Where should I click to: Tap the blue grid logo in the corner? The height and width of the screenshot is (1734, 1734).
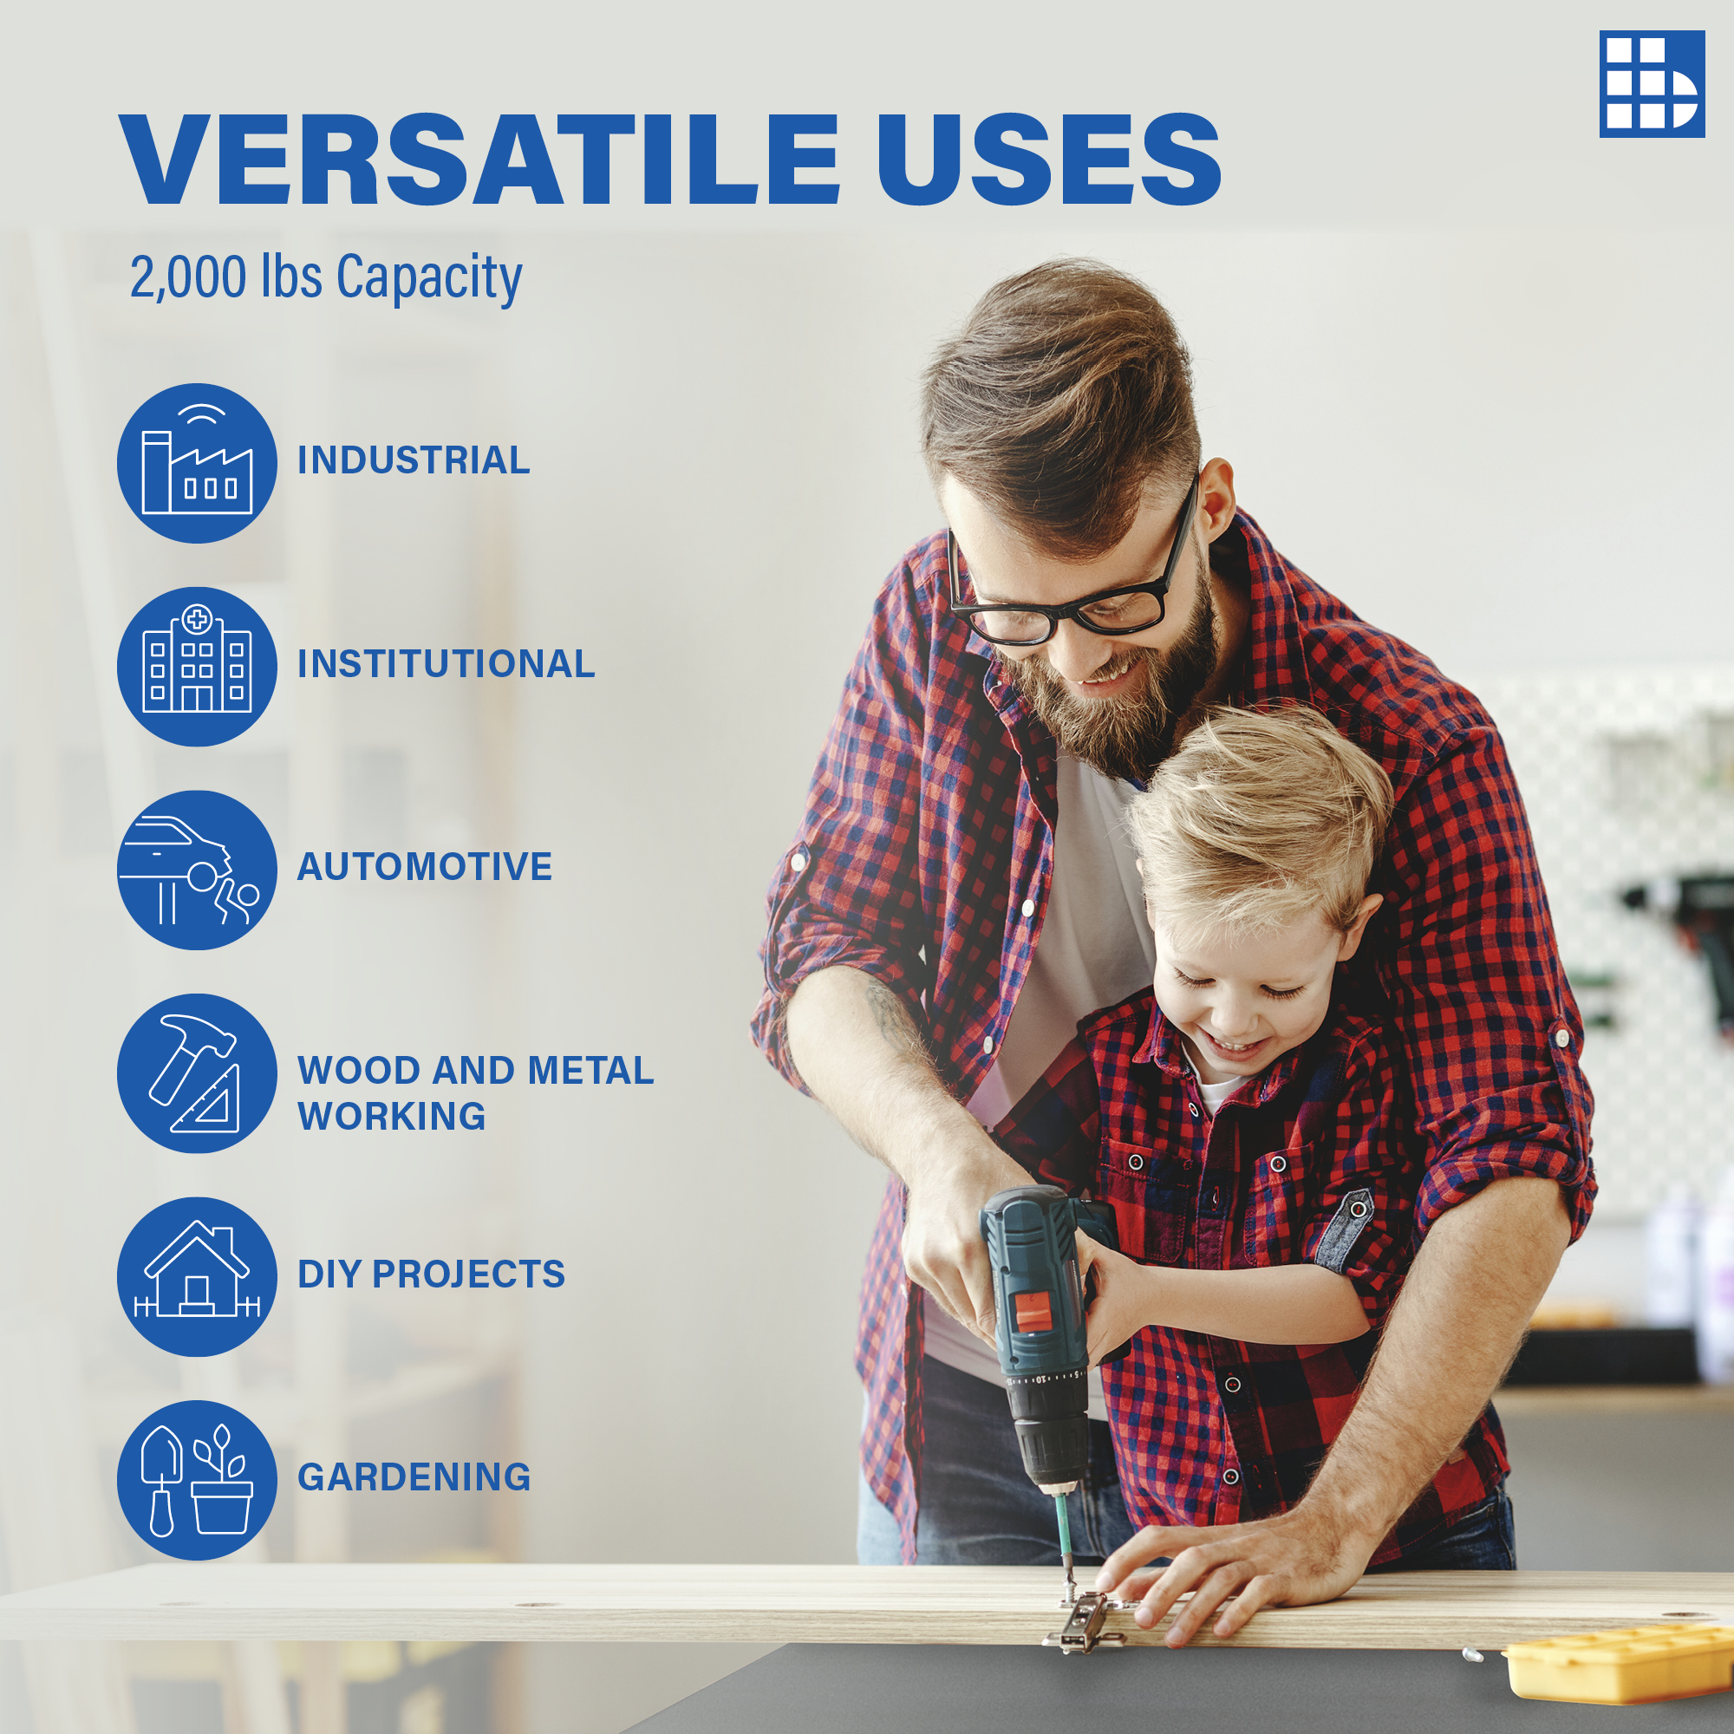(x=1652, y=84)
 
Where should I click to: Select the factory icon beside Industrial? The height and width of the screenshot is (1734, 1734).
(x=197, y=463)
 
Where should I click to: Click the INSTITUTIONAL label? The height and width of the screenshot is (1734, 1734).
(x=446, y=664)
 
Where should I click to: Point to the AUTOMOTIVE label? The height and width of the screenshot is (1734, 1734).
(x=425, y=867)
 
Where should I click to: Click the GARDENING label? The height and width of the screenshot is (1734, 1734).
(x=414, y=1477)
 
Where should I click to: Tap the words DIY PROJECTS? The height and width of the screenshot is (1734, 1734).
(x=432, y=1274)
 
